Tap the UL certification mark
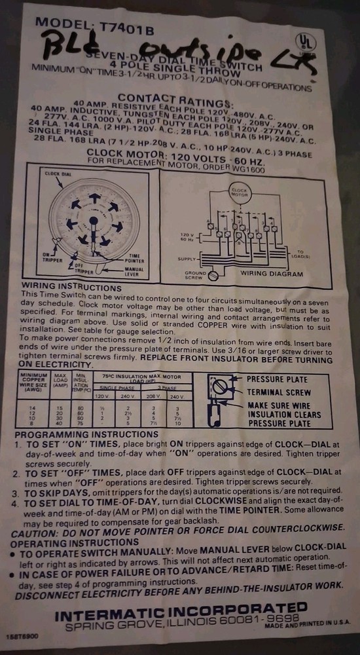coord(305,41)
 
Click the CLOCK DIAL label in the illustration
coord(57,174)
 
